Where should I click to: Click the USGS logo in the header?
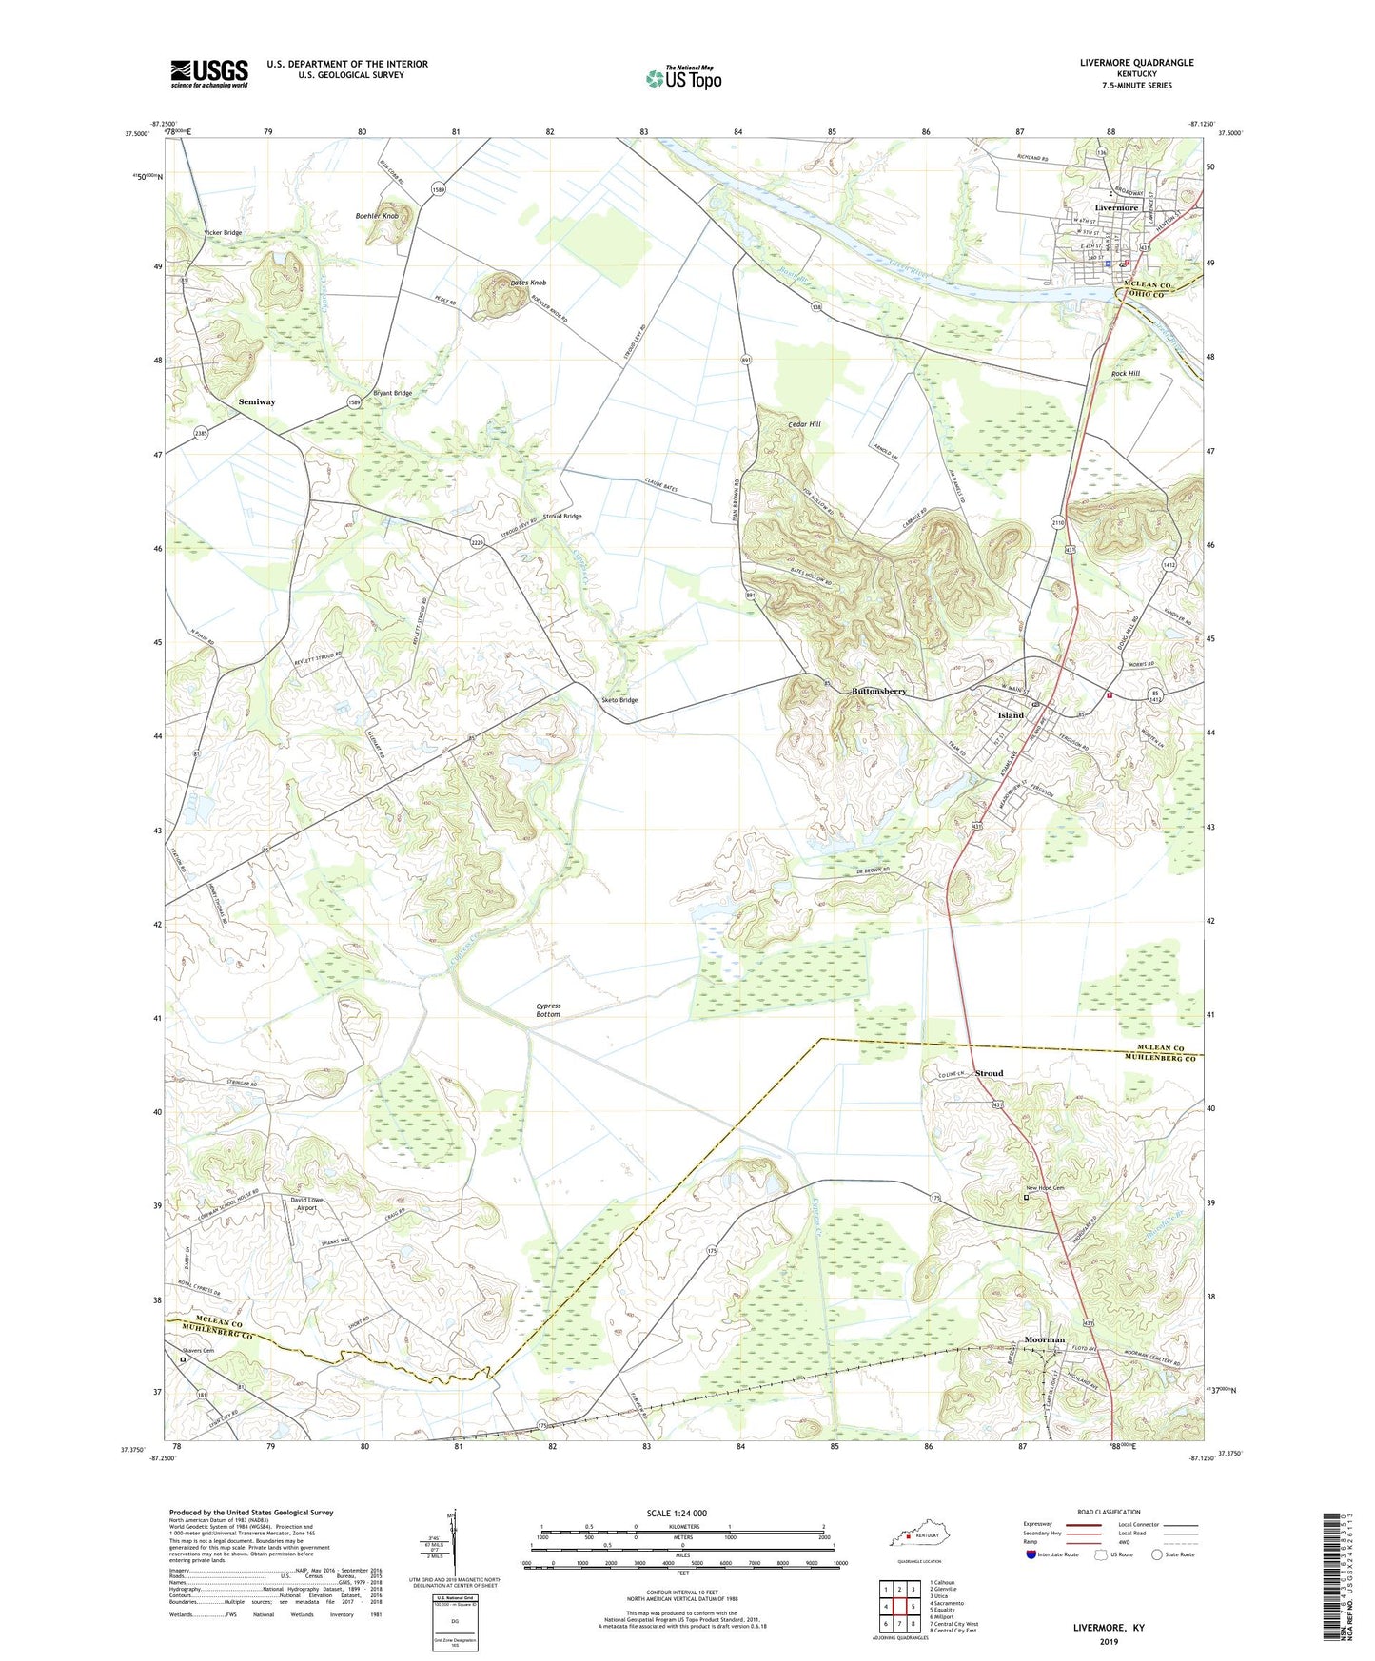[x=209, y=73]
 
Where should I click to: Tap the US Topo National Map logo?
[x=683, y=78]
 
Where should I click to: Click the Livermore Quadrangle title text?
[x=1136, y=63]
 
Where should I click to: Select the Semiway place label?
[x=257, y=402]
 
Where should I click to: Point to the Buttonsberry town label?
[x=878, y=691]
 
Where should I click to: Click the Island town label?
[x=1011, y=714]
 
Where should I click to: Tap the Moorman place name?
[x=1044, y=1339]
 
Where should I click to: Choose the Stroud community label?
[x=989, y=1073]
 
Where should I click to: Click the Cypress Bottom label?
[x=548, y=1009]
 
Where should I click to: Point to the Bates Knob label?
[x=528, y=283]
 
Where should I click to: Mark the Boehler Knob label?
[x=377, y=216]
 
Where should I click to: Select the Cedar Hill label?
[x=804, y=424]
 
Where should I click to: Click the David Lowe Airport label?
[x=306, y=1204]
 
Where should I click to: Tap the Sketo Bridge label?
[x=619, y=700]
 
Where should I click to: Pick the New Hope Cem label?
[x=1044, y=1189]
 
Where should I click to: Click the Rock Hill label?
[x=1125, y=374]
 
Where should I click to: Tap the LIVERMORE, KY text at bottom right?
[x=1109, y=1628]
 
